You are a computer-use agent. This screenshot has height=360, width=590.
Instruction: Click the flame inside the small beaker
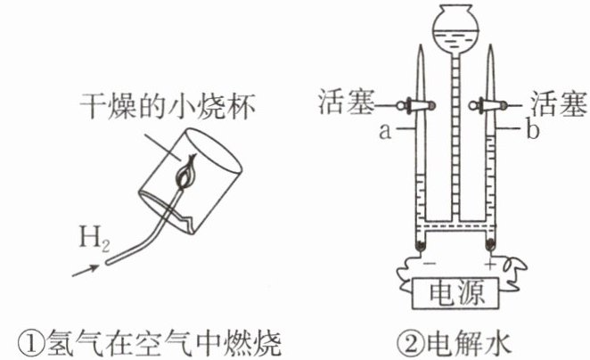click(x=184, y=173)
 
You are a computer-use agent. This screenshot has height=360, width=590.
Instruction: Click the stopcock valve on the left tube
click(x=416, y=105)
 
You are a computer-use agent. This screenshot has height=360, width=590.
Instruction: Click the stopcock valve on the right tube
click(x=492, y=105)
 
